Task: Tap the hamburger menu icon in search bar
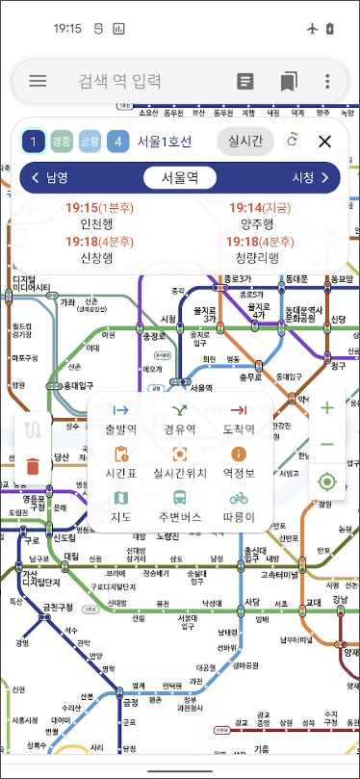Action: click(38, 82)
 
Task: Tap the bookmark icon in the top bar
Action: click(289, 82)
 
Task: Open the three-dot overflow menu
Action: click(328, 82)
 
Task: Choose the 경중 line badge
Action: click(62, 143)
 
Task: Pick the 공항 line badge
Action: click(90, 143)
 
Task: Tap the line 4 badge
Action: click(118, 143)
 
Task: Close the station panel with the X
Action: click(325, 143)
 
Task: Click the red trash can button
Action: click(33, 466)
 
